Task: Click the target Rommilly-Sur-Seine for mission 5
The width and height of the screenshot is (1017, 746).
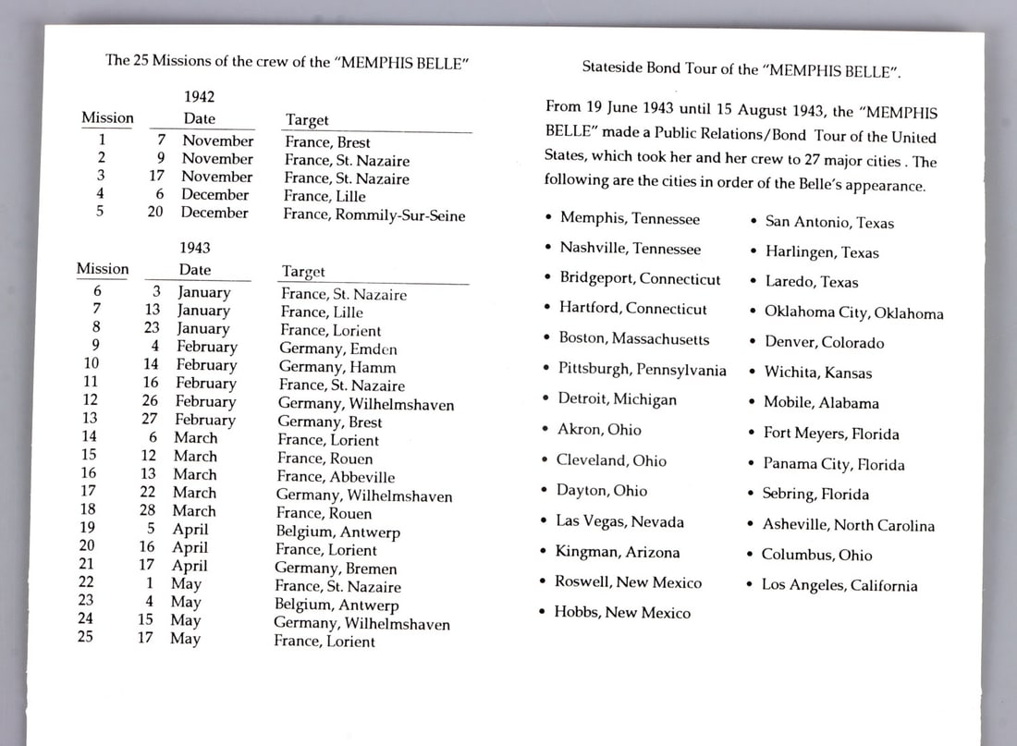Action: (x=374, y=215)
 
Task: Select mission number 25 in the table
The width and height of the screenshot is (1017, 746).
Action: (x=85, y=636)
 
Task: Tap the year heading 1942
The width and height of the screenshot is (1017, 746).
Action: (x=200, y=96)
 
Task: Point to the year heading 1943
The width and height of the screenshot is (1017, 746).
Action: (x=195, y=248)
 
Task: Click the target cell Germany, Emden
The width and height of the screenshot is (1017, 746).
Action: (x=338, y=349)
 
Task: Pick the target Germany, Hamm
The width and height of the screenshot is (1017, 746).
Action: (x=336, y=367)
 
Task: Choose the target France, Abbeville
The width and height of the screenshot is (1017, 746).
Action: (x=337, y=477)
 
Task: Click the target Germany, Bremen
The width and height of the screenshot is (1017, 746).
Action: (x=337, y=569)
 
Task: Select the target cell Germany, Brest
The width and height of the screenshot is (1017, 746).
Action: (x=330, y=422)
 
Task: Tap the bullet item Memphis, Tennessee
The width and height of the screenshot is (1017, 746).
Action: (x=630, y=219)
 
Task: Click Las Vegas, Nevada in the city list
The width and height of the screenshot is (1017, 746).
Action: (x=619, y=521)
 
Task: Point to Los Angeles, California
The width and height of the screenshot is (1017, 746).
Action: (x=839, y=585)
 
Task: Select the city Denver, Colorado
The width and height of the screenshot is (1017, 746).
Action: (x=824, y=342)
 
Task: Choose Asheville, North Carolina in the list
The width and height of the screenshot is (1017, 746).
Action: (x=848, y=525)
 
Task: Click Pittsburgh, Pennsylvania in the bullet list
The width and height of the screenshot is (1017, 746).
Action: (x=642, y=369)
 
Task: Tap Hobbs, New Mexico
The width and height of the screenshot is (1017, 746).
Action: (x=622, y=612)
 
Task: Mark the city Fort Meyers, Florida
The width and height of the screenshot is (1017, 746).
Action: (x=830, y=434)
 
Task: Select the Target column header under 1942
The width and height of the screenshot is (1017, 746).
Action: (x=307, y=120)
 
